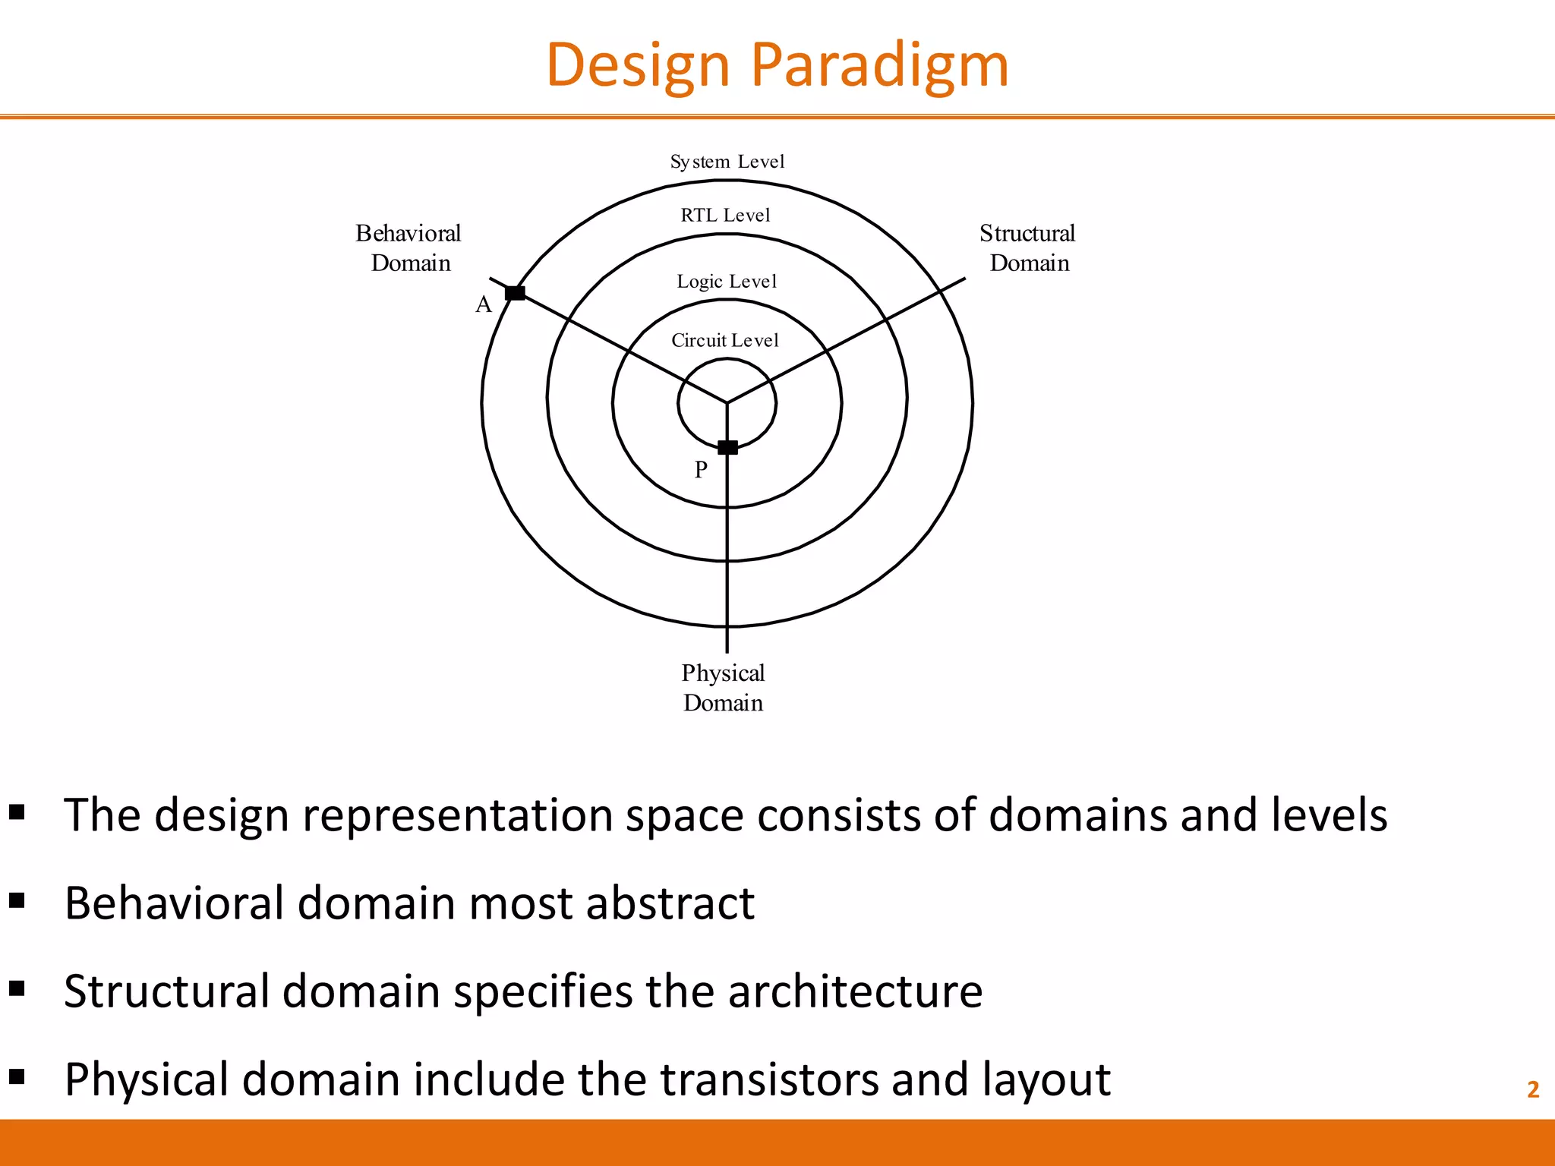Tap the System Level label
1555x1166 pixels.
pyautogui.click(x=727, y=162)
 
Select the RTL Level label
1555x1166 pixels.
pyautogui.click(x=725, y=216)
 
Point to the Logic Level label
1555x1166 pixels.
pyautogui.click(x=727, y=282)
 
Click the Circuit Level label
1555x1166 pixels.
pyautogui.click(x=725, y=340)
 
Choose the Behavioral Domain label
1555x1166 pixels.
pyautogui.click(x=409, y=248)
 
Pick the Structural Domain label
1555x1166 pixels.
pyautogui.click(x=1028, y=248)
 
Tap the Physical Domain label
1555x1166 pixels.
pyautogui.click(x=723, y=688)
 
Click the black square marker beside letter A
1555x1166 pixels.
pyautogui.click(x=515, y=293)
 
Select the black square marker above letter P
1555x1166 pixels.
pyautogui.click(x=727, y=447)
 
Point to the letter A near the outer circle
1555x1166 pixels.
pyautogui.click(x=484, y=305)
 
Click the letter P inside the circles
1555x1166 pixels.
pyautogui.click(x=701, y=470)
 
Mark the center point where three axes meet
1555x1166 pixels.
pyautogui.click(x=727, y=402)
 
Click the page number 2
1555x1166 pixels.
pyautogui.click(x=1532, y=1090)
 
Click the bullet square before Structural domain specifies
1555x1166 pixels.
pyautogui.click(x=17, y=988)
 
